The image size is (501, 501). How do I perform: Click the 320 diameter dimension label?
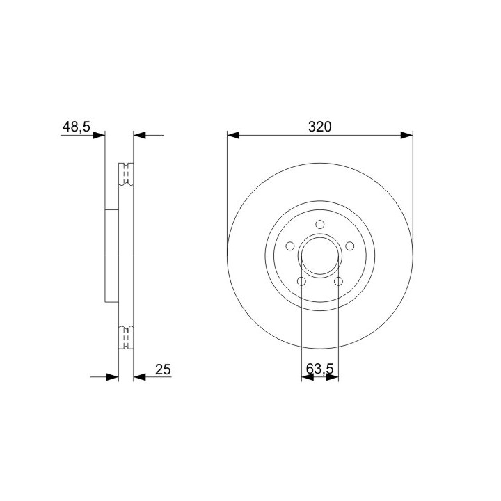(320, 127)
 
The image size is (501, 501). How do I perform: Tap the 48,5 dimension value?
(77, 127)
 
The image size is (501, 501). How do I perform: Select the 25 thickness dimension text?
(163, 369)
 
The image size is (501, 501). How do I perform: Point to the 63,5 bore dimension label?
(319, 369)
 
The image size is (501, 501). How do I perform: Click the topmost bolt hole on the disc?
(320, 224)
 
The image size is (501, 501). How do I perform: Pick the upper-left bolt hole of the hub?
(289, 246)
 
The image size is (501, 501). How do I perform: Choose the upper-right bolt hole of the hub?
(350, 246)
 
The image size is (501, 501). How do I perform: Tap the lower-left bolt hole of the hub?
(301, 282)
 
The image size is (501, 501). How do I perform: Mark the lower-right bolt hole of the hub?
(338, 282)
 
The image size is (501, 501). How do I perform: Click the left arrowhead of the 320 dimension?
(233, 135)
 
